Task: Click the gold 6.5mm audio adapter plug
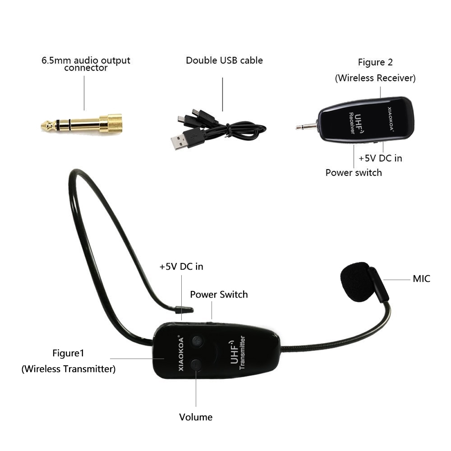(x=82, y=124)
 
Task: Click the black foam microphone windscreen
(x=357, y=281)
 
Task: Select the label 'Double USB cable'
(x=224, y=60)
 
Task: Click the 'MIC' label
(x=421, y=279)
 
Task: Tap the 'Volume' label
(x=196, y=417)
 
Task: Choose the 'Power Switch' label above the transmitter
(x=219, y=295)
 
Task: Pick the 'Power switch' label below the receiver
(x=354, y=173)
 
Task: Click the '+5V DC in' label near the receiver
(x=380, y=158)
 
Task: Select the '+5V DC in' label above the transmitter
(x=181, y=267)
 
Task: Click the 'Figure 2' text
(x=375, y=62)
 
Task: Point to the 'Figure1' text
(x=68, y=353)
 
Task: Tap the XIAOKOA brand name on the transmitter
(x=181, y=353)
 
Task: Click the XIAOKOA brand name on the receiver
(x=390, y=119)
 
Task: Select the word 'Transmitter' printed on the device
(x=242, y=352)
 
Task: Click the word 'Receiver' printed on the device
(x=351, y=123)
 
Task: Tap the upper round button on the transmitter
(x=198, y=341)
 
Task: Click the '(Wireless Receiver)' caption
(x=375, y=78)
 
